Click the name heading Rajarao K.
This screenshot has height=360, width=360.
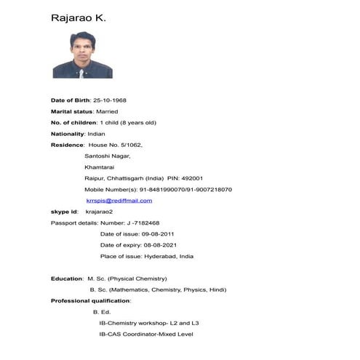click(x=79, y=17)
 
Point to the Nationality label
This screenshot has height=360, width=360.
click(x=68, y=134)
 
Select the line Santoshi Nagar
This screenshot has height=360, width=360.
click(x=107, y=156)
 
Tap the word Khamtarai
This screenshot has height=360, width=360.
click(x=100, y=167)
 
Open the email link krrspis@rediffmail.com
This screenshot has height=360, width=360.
click(x=119, y=201)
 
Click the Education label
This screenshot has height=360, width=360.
click(x=67, y=279)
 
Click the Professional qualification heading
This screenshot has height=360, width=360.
click(x=90, y=300)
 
